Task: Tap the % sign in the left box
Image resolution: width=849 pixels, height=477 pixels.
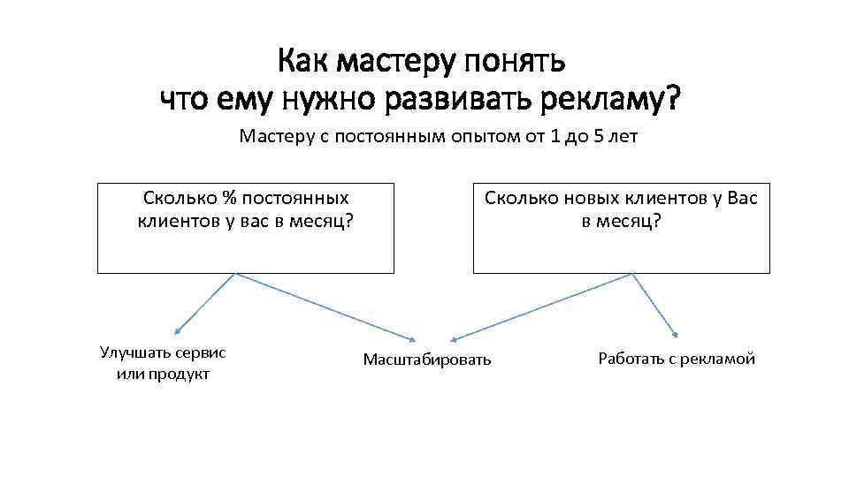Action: [x=230, y=198]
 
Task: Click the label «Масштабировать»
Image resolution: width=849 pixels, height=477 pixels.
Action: [x=426, y=360]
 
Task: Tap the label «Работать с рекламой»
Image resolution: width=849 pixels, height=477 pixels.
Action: [x=677, y=359]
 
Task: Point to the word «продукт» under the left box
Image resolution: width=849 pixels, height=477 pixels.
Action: [x=180, y=374]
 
